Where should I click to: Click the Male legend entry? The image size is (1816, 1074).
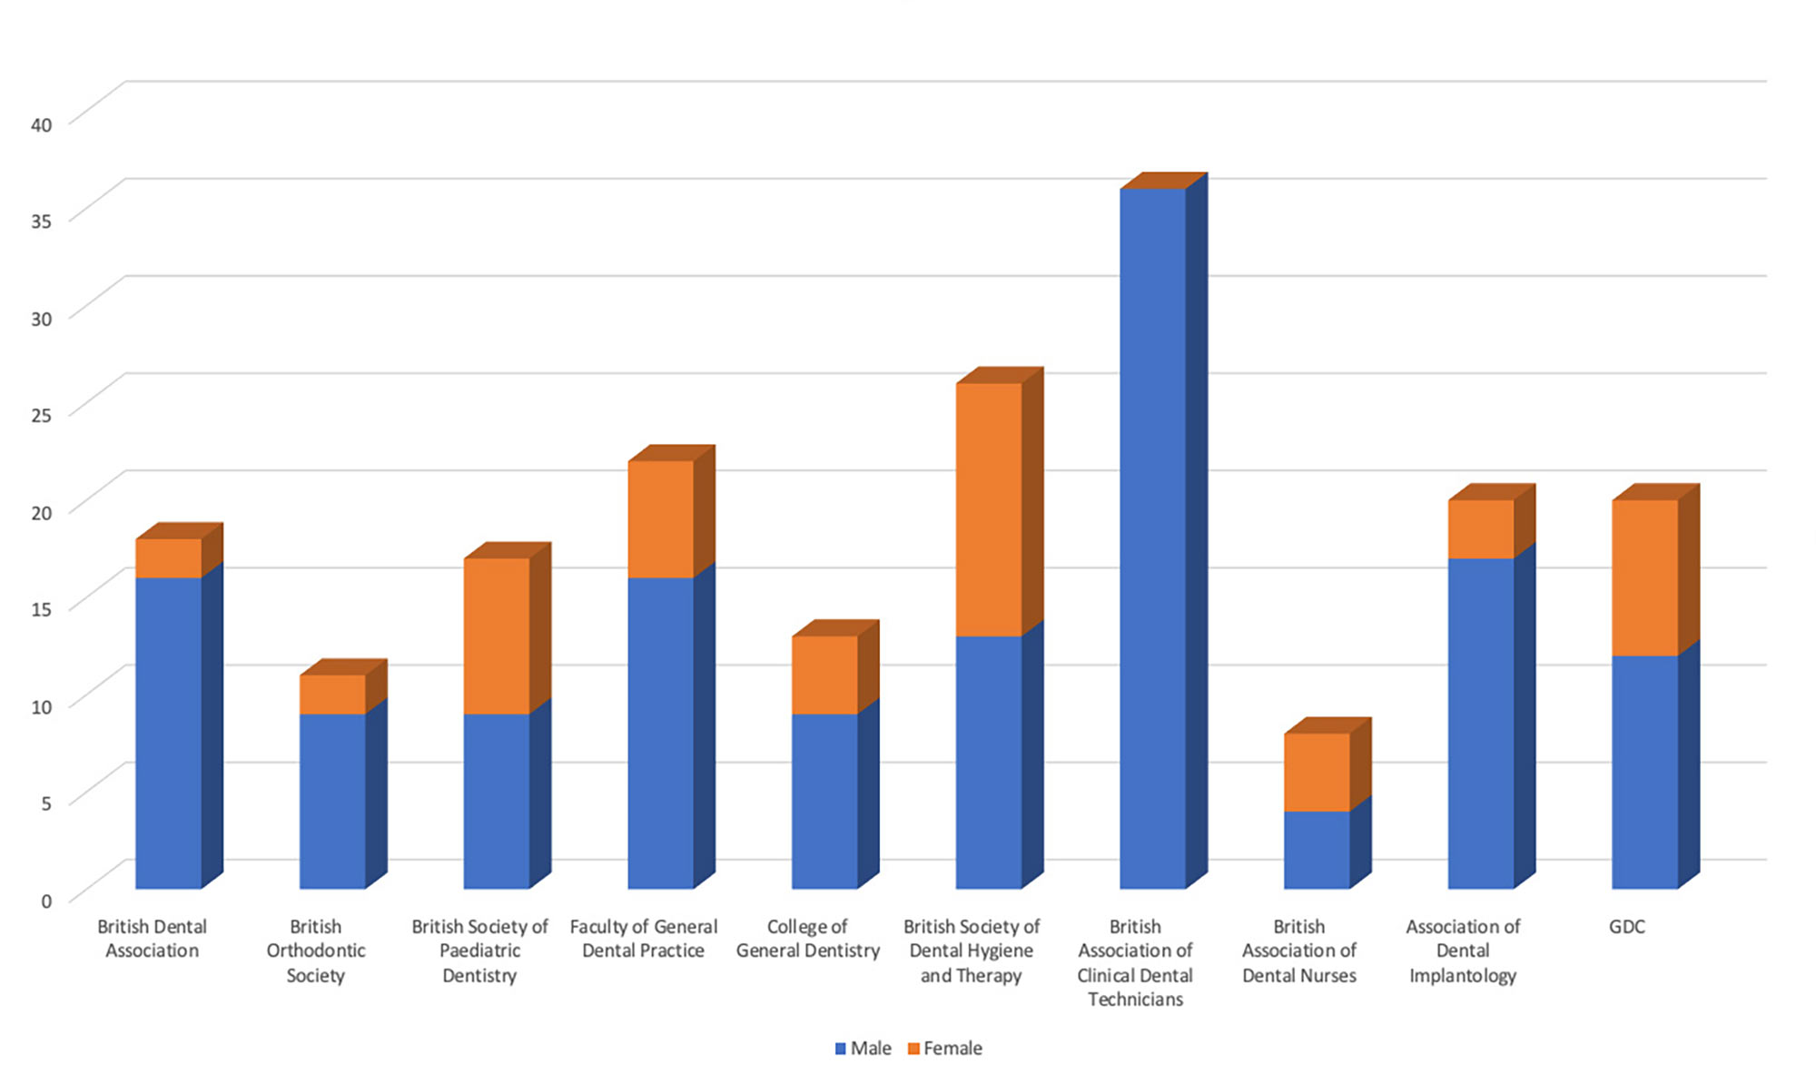pyautogui.click(x=863, y=1049)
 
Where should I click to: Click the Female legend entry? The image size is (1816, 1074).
pyautogui.click(x=945, y=1049)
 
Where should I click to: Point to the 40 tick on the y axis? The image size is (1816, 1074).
pyautogui.click(x=42, y=124)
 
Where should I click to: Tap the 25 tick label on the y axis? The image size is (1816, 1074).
pyautogui.click(x=42, y=415)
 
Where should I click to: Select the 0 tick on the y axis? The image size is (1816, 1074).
pyautogui.click(x=46, y=901)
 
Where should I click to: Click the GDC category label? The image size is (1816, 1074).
pyautogui.click(x=1627, y=927)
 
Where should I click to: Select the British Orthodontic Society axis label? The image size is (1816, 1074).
pyautogui.click(x=316, y=951)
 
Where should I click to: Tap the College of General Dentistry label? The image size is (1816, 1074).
pyautogui.click(x=808, y=939)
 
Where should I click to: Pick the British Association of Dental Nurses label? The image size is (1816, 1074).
pyautogui.click(x=1299, y=951)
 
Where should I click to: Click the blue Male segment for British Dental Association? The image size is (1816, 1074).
pyautogui.click(x=169, y=733)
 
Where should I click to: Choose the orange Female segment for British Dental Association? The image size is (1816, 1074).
pyautogui.click(x=169, y=558)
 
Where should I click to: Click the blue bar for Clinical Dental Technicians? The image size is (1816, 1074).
pyautogui.click(x=1153, y=538)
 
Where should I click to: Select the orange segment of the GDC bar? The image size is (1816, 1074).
pyautogui.click(x=1645, y=577)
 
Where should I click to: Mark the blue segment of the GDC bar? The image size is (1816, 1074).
pyautogui.click(x=1645, y=772)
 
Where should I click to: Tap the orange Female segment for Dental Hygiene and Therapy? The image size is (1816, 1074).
pyautogui.click(x=989, y=509)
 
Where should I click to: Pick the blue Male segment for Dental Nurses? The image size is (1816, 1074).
pyautogui.click(x=1317, y=849)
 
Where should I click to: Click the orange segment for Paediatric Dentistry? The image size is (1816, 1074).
pyautogui.click(x=497, y=636)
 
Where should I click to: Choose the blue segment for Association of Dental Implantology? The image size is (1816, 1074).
pyautogui.click(x=1481, y=723)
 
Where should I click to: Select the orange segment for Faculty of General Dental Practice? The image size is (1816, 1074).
pyautogui.click(x=661, y=519)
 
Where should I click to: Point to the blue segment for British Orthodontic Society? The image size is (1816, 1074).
pyautogui.click(x=332, y=801)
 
